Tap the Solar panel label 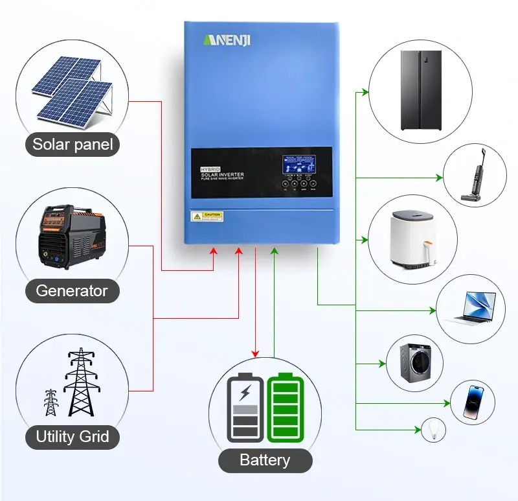point(73,144)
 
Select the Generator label point(72,290)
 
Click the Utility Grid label point(73,436)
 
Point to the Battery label point(265,460)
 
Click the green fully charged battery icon point(285,408)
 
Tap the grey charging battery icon point(245,408)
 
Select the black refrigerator point(420,90)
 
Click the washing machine point(415,363)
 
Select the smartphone point(473,402)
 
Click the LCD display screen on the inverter point(298,169)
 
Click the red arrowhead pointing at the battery point(256,353)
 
